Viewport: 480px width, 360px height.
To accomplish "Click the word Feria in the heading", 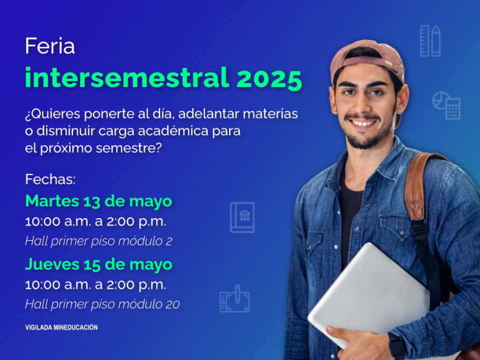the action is click(x=50, y=46).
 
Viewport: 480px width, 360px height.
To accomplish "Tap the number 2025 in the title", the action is click(x=269, y=78).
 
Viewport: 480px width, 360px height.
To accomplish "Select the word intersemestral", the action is click(x=127, y=77).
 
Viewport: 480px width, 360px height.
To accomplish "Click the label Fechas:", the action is click(x=50, y=179).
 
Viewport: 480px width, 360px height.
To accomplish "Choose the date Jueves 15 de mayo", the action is click(x=98, y=265).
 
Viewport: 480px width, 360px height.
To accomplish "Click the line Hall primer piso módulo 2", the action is click(x=98, y=241).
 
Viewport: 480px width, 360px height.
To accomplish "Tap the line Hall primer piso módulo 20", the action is click(x=102, y=304).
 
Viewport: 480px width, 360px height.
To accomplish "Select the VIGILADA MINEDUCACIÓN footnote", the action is click(x=61, y=327).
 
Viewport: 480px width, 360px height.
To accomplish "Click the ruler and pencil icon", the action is click(x=430, y=41).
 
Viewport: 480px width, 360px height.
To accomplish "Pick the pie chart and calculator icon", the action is click(x=446, y=105).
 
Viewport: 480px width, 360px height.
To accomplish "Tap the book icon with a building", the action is click(x=242, y=218).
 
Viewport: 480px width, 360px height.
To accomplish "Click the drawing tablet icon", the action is click(x=235, y=299).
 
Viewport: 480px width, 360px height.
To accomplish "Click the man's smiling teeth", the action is click(x=363, y=124).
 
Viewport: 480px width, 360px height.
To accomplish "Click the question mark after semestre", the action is click(x=158, y=148).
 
